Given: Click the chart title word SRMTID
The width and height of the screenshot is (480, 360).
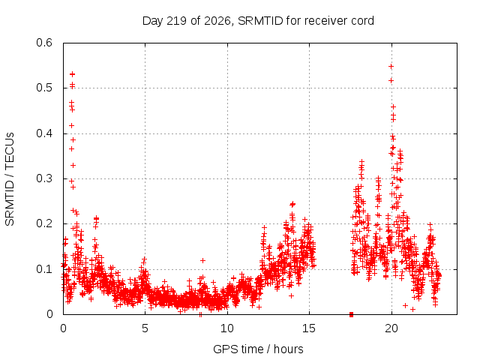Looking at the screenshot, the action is point(260,21).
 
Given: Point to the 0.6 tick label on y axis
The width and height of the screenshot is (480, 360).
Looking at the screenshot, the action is point(44,43).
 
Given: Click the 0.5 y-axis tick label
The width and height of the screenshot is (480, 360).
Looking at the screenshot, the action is point(44,88).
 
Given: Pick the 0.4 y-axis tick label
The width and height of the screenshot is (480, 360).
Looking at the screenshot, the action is point(44,133).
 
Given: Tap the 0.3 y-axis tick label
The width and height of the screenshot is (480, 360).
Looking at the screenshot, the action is point(44,178).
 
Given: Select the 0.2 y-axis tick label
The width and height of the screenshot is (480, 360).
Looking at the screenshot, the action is point(44,223).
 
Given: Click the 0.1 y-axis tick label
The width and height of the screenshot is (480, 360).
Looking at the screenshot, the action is point(44,269).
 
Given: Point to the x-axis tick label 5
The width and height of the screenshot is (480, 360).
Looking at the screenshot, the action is point(145,328).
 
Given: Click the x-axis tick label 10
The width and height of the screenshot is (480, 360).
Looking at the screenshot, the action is point(227,328).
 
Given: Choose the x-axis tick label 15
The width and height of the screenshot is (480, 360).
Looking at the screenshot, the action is point(309,328).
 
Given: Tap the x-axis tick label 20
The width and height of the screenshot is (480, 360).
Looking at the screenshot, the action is point(391,328).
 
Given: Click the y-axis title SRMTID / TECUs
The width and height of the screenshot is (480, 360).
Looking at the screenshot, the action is point(10,179).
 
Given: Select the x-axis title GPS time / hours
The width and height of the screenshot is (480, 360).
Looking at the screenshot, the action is point(258,349).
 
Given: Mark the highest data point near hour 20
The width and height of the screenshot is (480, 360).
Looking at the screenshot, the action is point(391,67).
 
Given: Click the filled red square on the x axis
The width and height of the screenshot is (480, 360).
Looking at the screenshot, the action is point(351,314).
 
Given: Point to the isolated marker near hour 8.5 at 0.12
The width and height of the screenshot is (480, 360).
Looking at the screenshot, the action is point(202,260).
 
